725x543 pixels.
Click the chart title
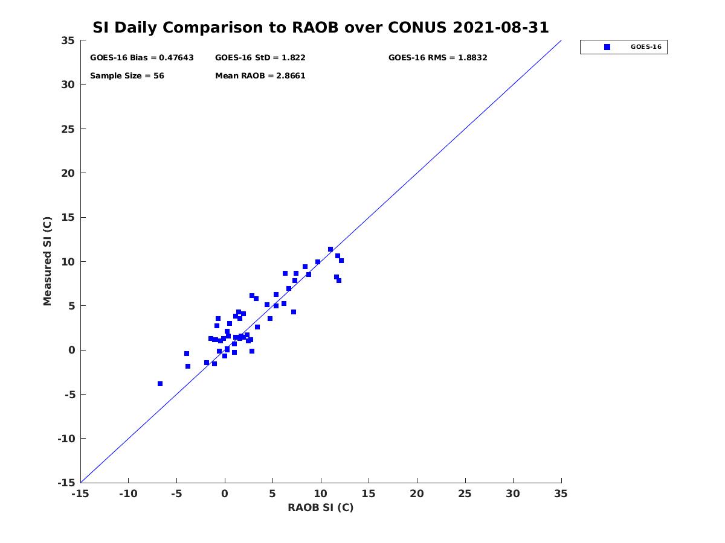321,28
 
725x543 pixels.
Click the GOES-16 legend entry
623,47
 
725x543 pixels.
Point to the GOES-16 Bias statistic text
142,58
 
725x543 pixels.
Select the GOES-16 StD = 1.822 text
260,58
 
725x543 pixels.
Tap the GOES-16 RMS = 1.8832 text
438,58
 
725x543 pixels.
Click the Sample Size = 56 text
127,76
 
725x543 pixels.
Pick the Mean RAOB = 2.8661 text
260,76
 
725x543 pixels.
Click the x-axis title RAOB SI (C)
321,507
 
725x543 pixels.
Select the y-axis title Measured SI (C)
48,261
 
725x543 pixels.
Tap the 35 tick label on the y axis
68,40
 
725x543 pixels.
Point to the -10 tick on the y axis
66,439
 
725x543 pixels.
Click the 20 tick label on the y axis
68,173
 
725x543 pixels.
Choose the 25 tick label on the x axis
465,494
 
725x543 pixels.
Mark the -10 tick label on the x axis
128,494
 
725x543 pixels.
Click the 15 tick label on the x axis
369,494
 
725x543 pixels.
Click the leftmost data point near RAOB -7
160,384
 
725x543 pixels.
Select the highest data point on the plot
330,249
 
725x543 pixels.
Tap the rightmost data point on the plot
341,261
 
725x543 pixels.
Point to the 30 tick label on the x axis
514,494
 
